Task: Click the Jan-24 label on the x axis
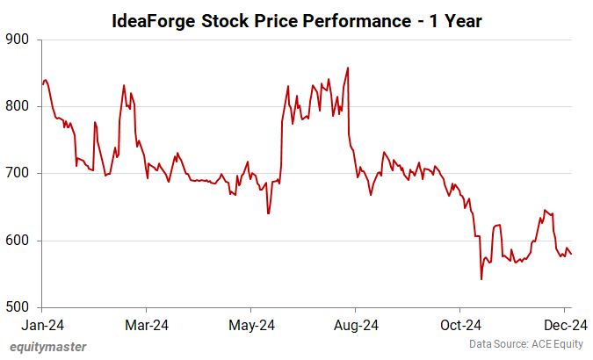[x=42, y=326]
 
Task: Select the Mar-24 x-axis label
[x=147, y=326]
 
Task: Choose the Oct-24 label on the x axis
[x=459, y=326]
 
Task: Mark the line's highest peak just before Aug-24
[x=349, y=68]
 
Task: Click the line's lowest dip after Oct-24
[x=481, y=279]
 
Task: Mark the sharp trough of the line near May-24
[x=268, y=213]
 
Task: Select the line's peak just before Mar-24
[x=124, y=85]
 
